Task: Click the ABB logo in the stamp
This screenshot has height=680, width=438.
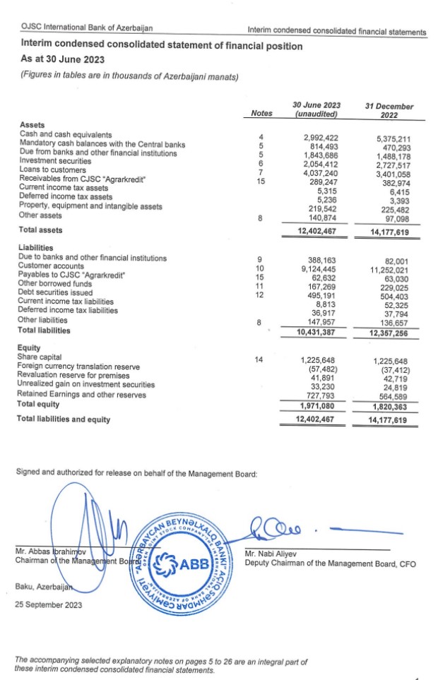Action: [x=183, y=564]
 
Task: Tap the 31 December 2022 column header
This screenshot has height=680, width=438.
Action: [x=389, y=110]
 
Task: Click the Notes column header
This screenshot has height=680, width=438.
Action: [x=261, y=114]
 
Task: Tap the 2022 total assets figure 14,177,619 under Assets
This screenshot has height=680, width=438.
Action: [x=389, y=231]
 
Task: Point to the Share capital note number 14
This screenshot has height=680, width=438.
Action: [x=259, y=359]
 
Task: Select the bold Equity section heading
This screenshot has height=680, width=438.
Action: [x=29, y=347]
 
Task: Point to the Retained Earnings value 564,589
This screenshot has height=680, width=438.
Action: [x=393, y=396]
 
